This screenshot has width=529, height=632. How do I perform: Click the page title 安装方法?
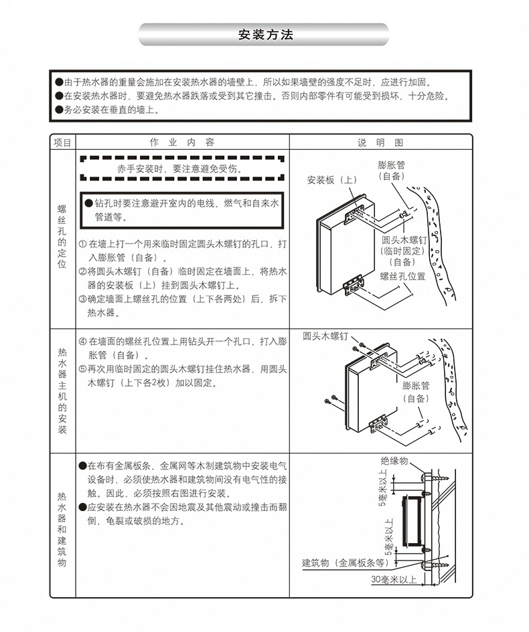coord(264,34)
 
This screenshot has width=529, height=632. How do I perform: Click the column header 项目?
coord(62,142)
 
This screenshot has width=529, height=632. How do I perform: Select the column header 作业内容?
coord(181,142)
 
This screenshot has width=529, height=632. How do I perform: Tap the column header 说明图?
coord(380,142)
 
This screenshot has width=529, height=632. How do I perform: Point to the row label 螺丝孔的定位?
coord(62,237)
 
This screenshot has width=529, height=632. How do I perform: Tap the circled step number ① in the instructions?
coord(82,245)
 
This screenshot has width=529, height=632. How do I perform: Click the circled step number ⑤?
coord(82,368)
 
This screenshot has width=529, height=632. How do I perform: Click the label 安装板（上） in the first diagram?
coord(333,180)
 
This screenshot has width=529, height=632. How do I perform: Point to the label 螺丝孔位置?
coord(403,276)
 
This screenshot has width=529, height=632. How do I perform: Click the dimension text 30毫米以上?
coord(394,580)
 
